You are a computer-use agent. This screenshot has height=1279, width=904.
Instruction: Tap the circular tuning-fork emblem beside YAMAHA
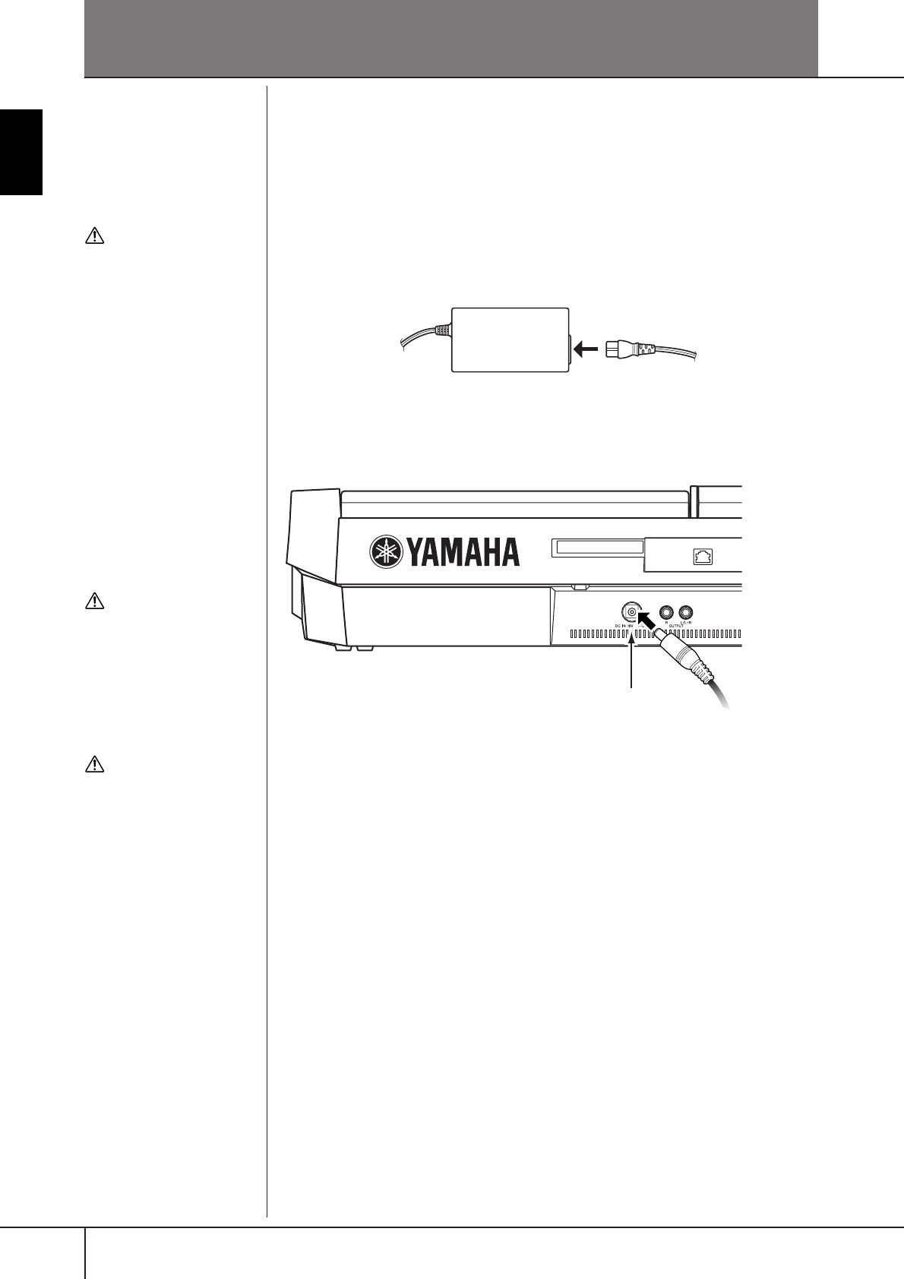pyautogui.click(x=387, y=552)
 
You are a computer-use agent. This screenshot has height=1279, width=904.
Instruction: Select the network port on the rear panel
pyautogui.click(x=702, y=557)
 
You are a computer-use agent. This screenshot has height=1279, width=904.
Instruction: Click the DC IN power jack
pyautogui.click(x=631, y=612)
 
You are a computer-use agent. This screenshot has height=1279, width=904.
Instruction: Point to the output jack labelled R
pyautogui.click(x=667, y=612)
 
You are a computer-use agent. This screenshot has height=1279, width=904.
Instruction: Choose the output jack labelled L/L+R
pyautogui.click(x=687, y=612)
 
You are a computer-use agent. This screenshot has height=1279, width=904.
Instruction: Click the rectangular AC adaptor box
pyautogui.click(x=510, y=339)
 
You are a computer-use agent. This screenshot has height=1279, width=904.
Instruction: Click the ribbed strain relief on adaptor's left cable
pyautogui.click(x=443, y=330)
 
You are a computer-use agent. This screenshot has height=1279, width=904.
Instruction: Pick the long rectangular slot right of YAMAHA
pyautogui.click(x=597, y=548)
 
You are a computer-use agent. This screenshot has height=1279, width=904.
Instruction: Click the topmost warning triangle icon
pyautogui.click(x=93, y=236)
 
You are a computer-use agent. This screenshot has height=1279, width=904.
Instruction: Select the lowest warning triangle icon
pyautogui.click(x=93, y=764)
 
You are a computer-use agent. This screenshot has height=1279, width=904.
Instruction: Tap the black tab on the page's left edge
pyautogui.click(x=21, y=152)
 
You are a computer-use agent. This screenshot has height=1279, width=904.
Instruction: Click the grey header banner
pyautogui.click(x=451, y=38)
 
